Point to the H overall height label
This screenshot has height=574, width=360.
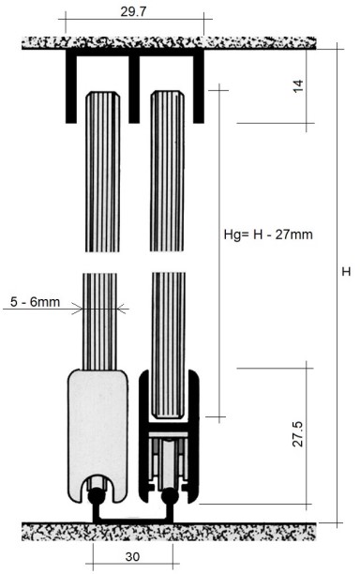[346, 272]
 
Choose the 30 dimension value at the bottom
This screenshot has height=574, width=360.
[131, 555]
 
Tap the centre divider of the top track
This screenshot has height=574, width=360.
[134, 89]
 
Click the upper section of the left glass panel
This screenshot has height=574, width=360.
[100, 169]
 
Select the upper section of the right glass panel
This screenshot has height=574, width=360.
[168, 169]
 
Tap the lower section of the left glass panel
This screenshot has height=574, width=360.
[100, 319]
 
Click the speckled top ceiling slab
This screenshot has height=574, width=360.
[169, 43]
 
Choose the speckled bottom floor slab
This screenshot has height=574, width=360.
[169, 532]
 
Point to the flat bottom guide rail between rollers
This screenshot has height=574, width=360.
[132, 520]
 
